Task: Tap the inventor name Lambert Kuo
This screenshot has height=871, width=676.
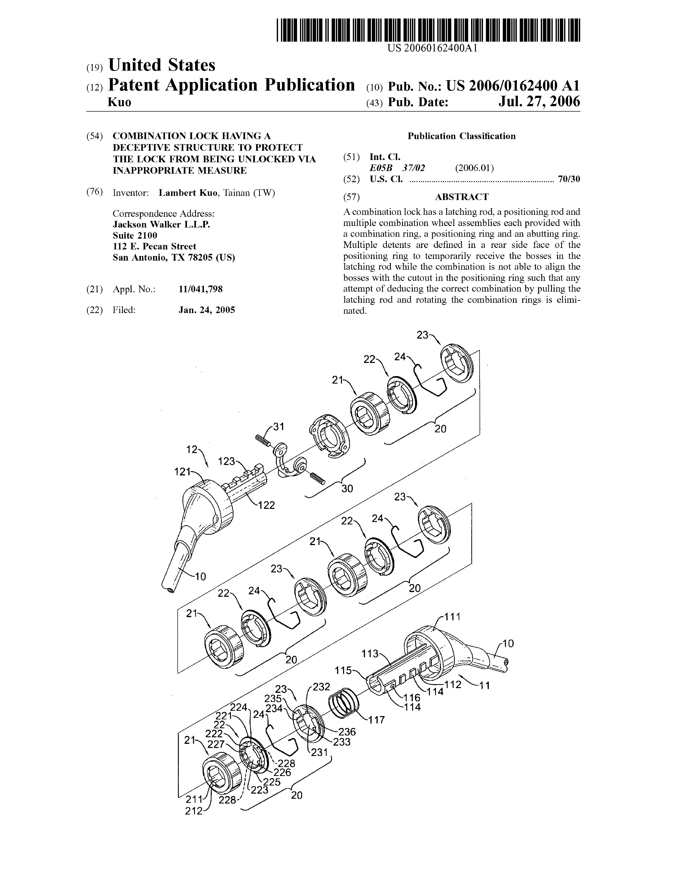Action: [188, 193]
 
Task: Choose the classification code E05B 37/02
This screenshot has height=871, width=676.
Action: [397, 168]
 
